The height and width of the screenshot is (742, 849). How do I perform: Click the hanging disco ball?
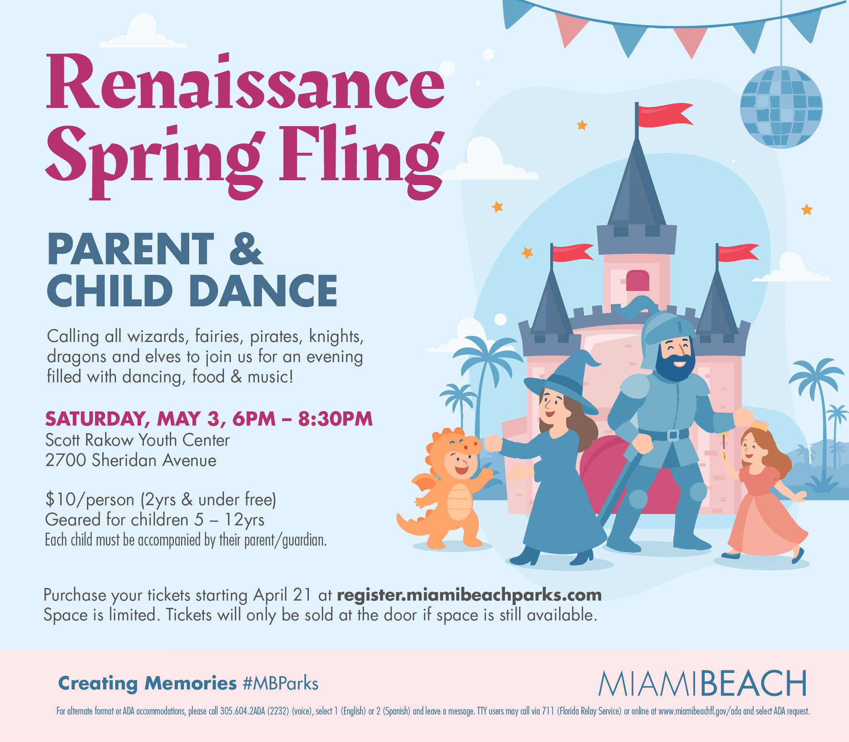click(781, 107)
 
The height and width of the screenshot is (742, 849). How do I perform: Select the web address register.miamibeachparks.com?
click(469, 595)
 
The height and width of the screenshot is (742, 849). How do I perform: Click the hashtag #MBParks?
click(281, 684)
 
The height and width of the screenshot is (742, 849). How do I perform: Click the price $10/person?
click(90, 500)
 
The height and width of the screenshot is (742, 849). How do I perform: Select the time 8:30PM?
click(336, 419)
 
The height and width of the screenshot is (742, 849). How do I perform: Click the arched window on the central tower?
click(638, 280)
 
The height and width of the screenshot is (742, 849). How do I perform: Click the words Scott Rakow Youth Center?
click(137, 440)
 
